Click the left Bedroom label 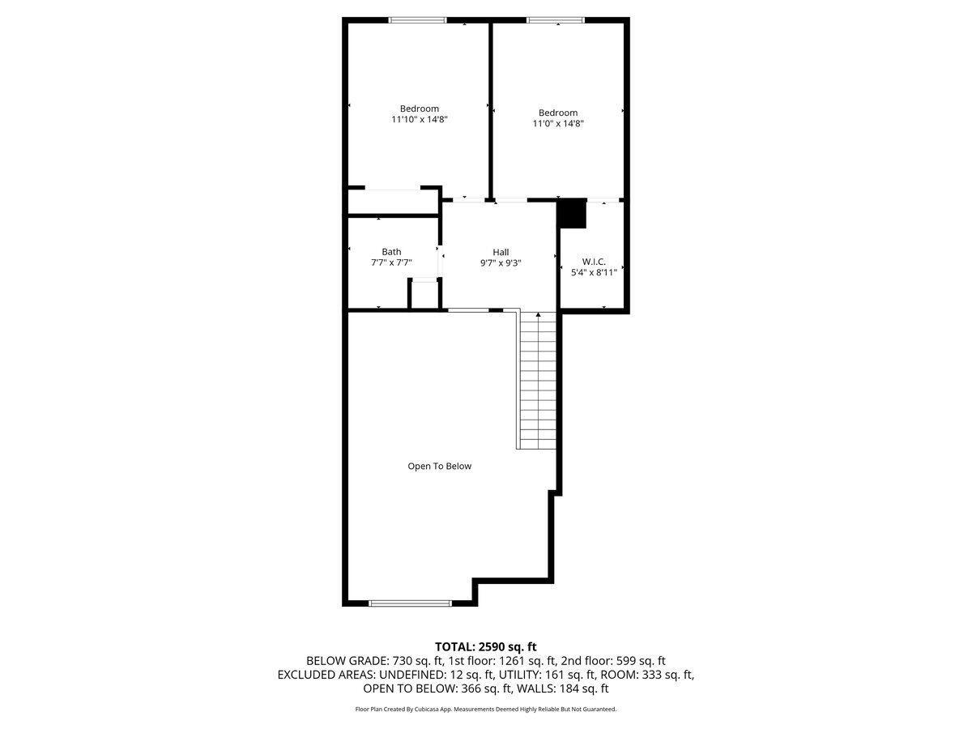click(419, 109)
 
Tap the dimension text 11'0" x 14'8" click(558, 124)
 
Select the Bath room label click(391, 252)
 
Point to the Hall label click(501, 252)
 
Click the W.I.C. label click(594, 262)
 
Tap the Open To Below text click(439, 466)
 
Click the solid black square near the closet click(573, 214)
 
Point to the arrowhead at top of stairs click(539, 314)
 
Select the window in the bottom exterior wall click(410, 603)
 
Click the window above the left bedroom click(418, 20)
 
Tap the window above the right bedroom click(556, 20)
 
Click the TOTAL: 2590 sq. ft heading click(486, 646)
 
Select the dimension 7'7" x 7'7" click(391, 262)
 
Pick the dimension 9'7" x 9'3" click(501, 262)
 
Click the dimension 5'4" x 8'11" click(594, 272)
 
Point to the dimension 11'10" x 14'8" click(419, 119)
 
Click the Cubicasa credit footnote click(486, 709)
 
